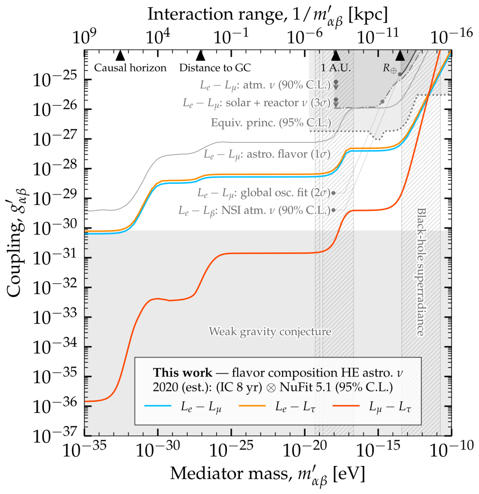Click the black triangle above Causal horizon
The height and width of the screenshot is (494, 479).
pos(121,55)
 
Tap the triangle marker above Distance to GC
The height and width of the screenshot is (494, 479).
pos(200,55)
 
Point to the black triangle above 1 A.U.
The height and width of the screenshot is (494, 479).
pos(336,55)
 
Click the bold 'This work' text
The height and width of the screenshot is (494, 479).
pos(174,373)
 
